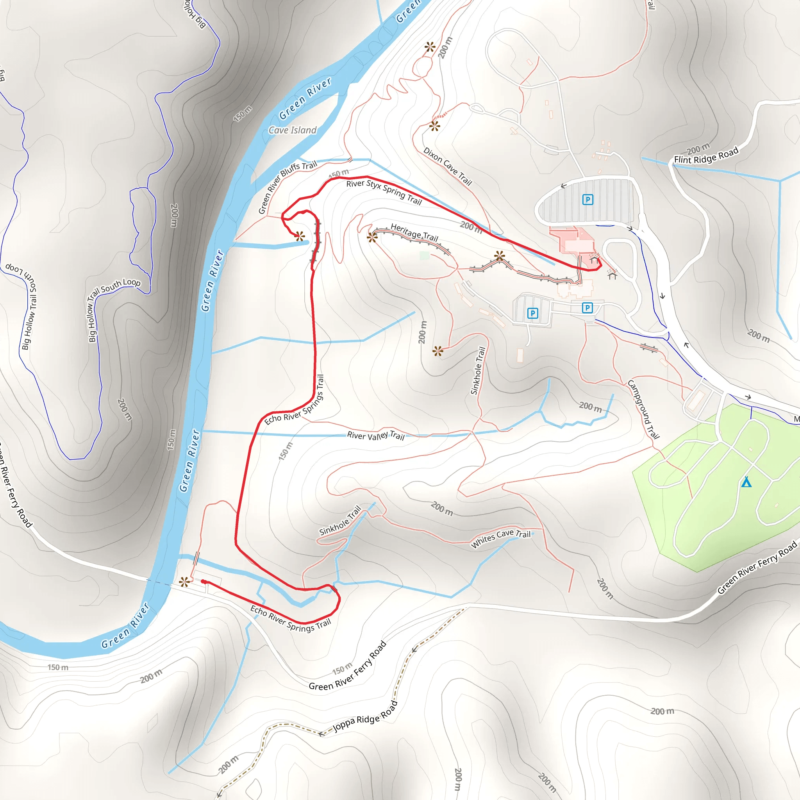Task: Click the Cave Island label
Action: point(292,130)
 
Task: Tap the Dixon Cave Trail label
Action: point(448,166)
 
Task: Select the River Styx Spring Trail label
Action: point(384,192)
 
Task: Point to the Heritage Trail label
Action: point(414,232)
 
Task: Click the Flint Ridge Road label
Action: point(706,156)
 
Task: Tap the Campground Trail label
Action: point(643,409)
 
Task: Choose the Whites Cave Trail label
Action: point(501,538)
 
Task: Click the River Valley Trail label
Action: point(375,435)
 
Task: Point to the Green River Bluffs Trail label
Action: point(287,187)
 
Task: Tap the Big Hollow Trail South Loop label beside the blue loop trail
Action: point(114,311)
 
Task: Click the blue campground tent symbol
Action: point(746,482)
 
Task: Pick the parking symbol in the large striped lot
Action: point(587,200)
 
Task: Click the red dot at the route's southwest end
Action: point(204,582)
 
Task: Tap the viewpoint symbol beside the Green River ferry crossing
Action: point(185,582)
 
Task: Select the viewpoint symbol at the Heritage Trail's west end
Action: point(372,237)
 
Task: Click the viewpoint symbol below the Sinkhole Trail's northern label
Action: point(437,352)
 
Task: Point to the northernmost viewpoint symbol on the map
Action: point(430,47)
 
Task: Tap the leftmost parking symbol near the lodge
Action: point(532,313)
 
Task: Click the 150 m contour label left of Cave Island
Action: point(243,114)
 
